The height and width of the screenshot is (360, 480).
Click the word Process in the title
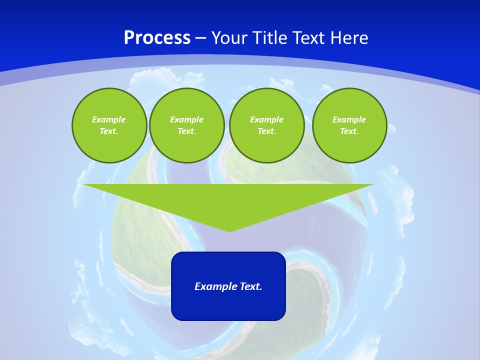[x=157, y=38]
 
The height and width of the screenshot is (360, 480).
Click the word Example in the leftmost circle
[x=109, y=119]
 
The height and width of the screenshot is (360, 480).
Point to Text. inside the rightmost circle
[x=349, y=131]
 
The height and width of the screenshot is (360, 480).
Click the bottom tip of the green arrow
[x=229, y=230]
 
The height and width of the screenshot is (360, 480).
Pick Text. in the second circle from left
[x=186, y=131]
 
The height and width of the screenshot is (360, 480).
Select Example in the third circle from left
[x=266, y=119]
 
